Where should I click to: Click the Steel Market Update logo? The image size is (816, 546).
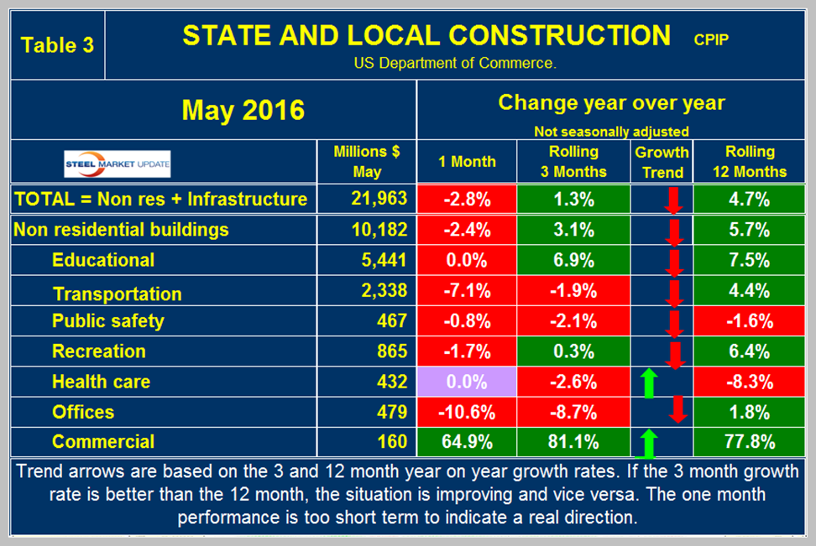coord(118,164)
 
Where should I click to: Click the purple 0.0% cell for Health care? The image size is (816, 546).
coord(467,382)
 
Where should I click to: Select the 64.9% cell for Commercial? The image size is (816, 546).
coord(467,441)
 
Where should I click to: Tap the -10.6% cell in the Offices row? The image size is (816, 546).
coord(467,412)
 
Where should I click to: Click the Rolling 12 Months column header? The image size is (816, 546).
coord(750,162)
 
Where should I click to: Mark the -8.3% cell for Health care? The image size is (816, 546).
coord(750,382)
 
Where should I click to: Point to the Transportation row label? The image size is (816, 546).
coord(117,294)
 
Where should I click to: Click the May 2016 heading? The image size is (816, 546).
coord(243,110)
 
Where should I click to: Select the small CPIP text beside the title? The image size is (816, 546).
coord(712,37)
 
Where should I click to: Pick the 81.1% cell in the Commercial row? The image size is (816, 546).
coord(573,441)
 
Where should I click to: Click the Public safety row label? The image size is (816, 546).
coord(107,321)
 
